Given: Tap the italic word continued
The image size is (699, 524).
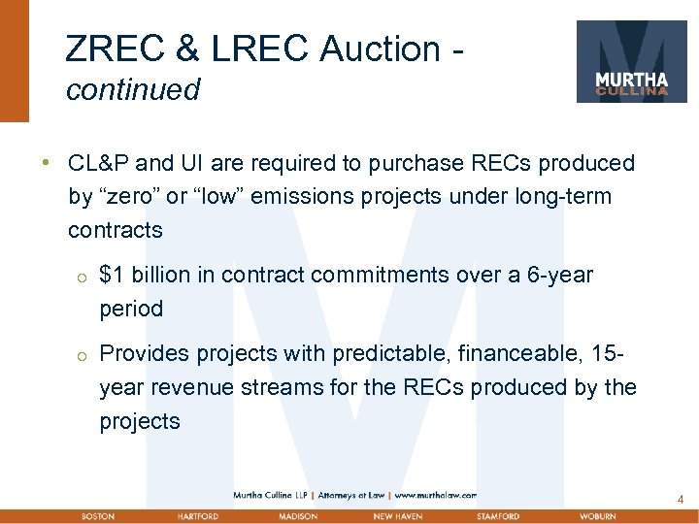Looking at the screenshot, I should tap(133, 90).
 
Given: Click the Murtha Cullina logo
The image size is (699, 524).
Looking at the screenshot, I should tap(632, 61).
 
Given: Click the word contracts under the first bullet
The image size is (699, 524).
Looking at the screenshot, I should tap(116, 231).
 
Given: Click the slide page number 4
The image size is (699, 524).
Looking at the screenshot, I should tap(681, 500).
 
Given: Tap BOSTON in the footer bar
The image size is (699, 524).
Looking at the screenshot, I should tap(98, 516).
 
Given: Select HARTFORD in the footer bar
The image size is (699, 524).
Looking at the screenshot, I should tap(197, 516).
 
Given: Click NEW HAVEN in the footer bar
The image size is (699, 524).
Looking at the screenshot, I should tap(397, 516).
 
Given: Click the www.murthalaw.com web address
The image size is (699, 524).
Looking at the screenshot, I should tap(435, 495).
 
